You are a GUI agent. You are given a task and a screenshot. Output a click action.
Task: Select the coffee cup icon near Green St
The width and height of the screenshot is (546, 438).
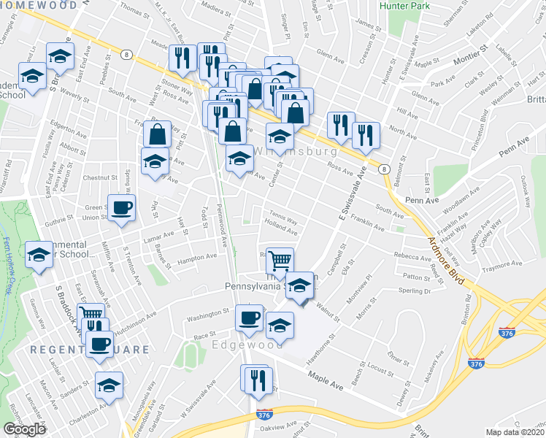pos(121,207)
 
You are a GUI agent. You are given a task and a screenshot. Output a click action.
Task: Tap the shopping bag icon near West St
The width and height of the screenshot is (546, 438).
pos(158,134)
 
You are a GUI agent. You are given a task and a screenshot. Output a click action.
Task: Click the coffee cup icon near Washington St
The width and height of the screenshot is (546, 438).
pos(249,318)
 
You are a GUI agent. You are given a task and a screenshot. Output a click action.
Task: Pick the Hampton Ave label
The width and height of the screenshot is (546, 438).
pos(197,257)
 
